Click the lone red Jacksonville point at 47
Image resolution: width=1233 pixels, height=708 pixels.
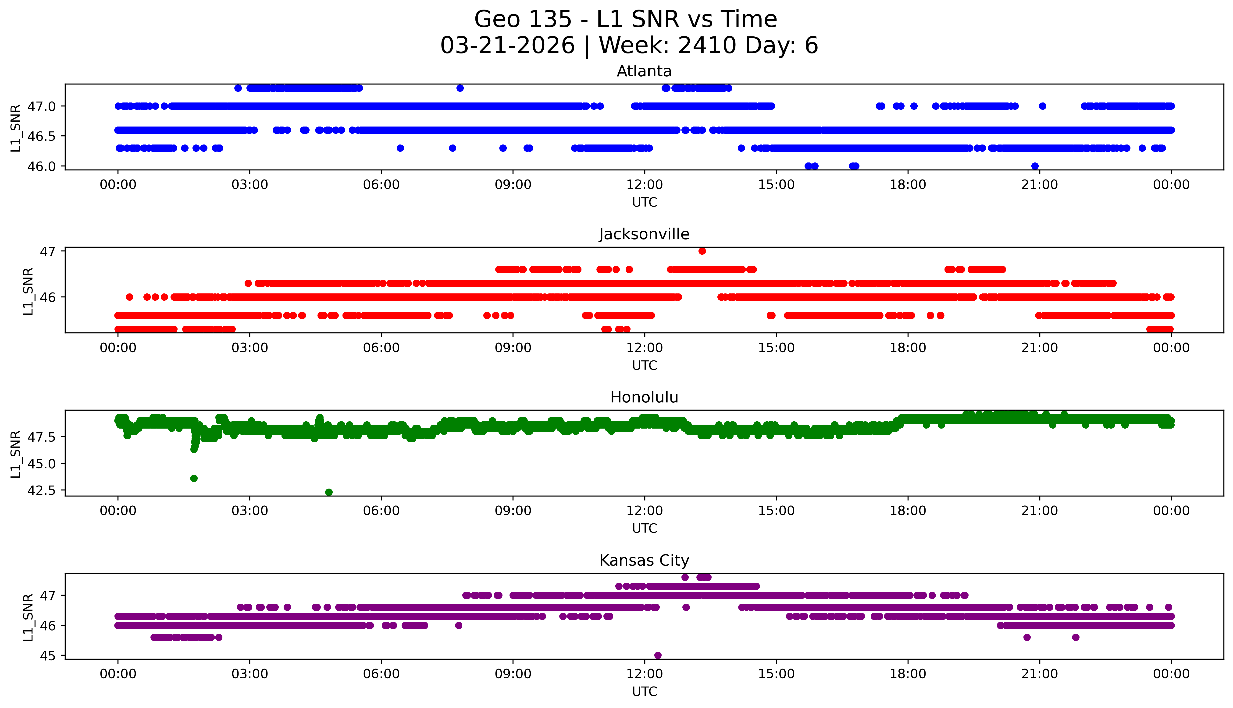702,251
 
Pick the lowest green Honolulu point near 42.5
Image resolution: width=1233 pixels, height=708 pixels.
329,492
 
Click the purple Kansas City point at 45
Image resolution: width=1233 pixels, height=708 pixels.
658,655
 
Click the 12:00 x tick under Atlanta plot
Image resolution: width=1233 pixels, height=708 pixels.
644,185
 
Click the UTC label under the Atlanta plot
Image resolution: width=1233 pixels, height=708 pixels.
644,202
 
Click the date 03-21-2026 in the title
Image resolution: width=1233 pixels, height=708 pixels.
507,46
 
